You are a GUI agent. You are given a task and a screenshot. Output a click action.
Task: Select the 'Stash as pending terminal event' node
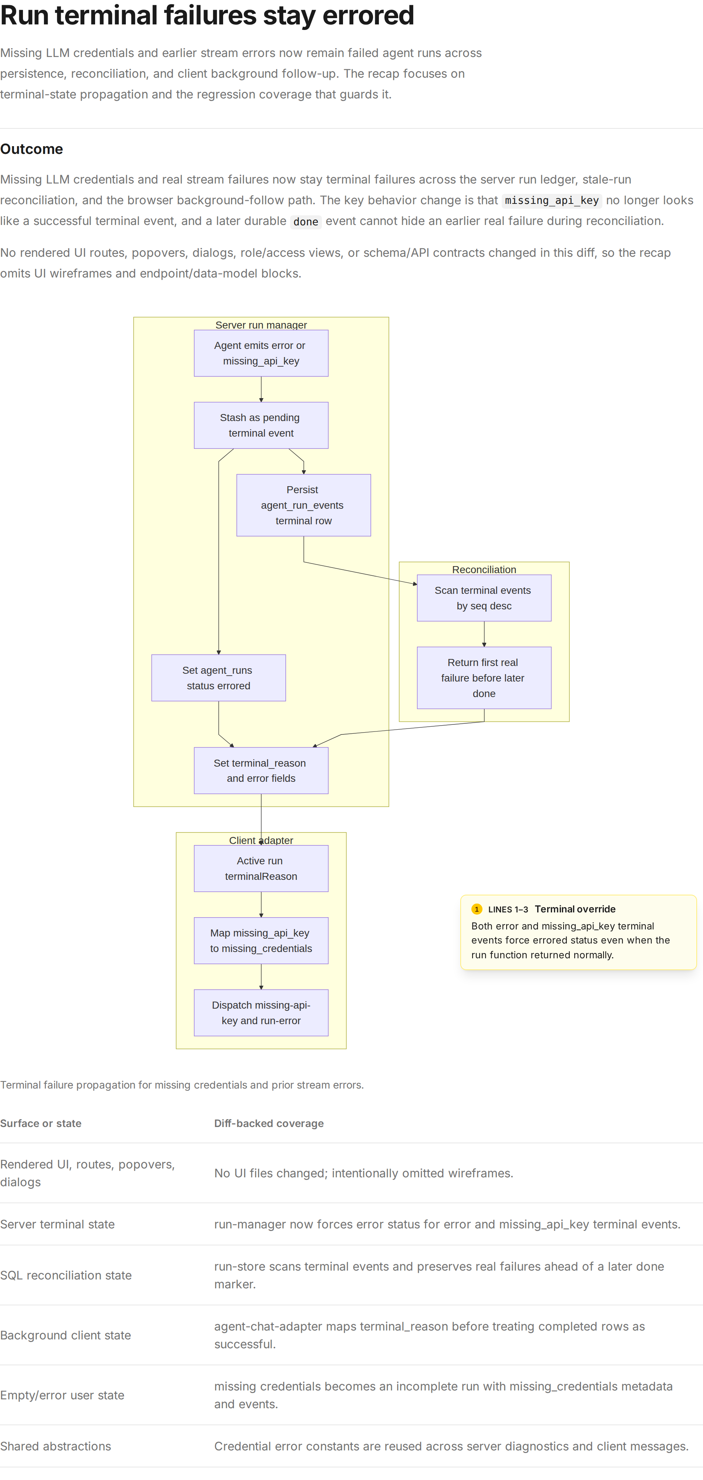tap(261, 425)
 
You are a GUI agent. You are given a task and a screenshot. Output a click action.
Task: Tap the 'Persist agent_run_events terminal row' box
tap(304, 505)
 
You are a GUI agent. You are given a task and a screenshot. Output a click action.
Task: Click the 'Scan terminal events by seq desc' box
tap(484, 598)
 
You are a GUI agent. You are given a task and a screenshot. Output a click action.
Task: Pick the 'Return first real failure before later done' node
tap(484, 678)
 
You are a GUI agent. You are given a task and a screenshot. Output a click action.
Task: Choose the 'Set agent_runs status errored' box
tap(219, 678)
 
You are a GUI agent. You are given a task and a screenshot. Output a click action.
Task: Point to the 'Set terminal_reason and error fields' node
tap(261, 770)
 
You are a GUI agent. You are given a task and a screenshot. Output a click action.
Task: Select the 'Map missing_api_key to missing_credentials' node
tap(261, 941)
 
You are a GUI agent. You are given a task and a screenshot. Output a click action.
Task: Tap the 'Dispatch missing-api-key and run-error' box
tap(261, 1013)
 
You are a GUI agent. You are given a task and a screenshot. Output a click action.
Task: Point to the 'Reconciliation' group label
tap(484, 569)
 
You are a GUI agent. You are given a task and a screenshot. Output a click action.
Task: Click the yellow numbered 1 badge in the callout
tap(477, 909)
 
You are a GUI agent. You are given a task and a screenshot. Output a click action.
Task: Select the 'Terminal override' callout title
tap(575, 909)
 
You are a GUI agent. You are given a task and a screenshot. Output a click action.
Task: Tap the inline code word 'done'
tap(306, 222)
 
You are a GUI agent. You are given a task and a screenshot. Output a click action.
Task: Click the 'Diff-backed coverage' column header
tap(269, 1123)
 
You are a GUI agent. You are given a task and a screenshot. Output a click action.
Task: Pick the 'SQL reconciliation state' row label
tap(66, 1275)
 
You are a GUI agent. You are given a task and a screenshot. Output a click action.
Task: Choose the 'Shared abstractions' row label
tap(56, 1446)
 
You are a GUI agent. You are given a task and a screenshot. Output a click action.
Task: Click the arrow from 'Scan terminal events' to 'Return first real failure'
tap(484, 634)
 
